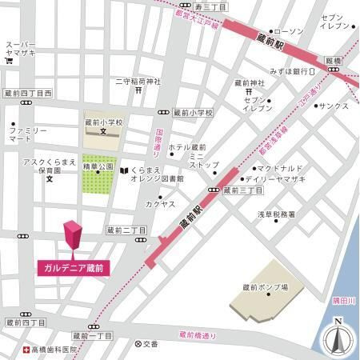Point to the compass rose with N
click(338, 339)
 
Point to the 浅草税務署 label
click(276, 214)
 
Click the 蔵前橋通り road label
click(198, 334)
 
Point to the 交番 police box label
click(150, 343)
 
